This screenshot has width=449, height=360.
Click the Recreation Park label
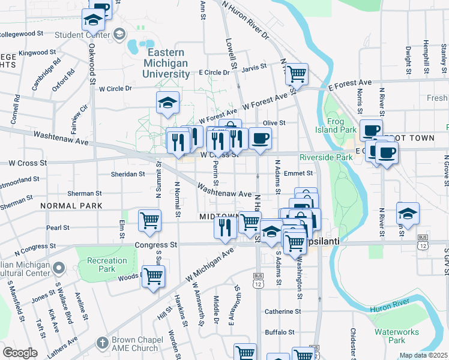click(x=107, y=265)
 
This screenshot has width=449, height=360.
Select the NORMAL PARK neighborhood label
click(x=71, y=206)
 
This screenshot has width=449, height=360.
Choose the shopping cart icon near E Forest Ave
click(x=297, y=74)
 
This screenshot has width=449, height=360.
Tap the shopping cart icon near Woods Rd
click(x=153, y=276)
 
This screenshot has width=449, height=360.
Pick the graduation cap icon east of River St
click(x=408, y=213)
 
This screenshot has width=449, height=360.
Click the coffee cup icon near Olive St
click(x=260, y=138)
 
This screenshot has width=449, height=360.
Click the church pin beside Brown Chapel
click(x=102, y=344)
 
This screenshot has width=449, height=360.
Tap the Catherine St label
click(x=283, y=311)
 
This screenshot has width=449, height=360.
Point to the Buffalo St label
click(x=280, y=331)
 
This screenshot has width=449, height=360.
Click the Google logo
click(x=20, y=353)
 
